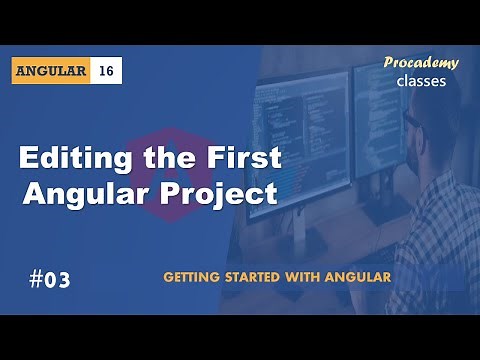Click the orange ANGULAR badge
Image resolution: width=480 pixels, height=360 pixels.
(53, 71)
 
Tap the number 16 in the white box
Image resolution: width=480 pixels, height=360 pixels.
(107, 71)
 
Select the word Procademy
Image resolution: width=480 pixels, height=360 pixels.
(421, 63)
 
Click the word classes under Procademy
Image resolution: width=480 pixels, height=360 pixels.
(421, 81)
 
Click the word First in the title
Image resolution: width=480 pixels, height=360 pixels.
(241, 158)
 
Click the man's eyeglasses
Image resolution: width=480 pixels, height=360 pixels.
(412, 120)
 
